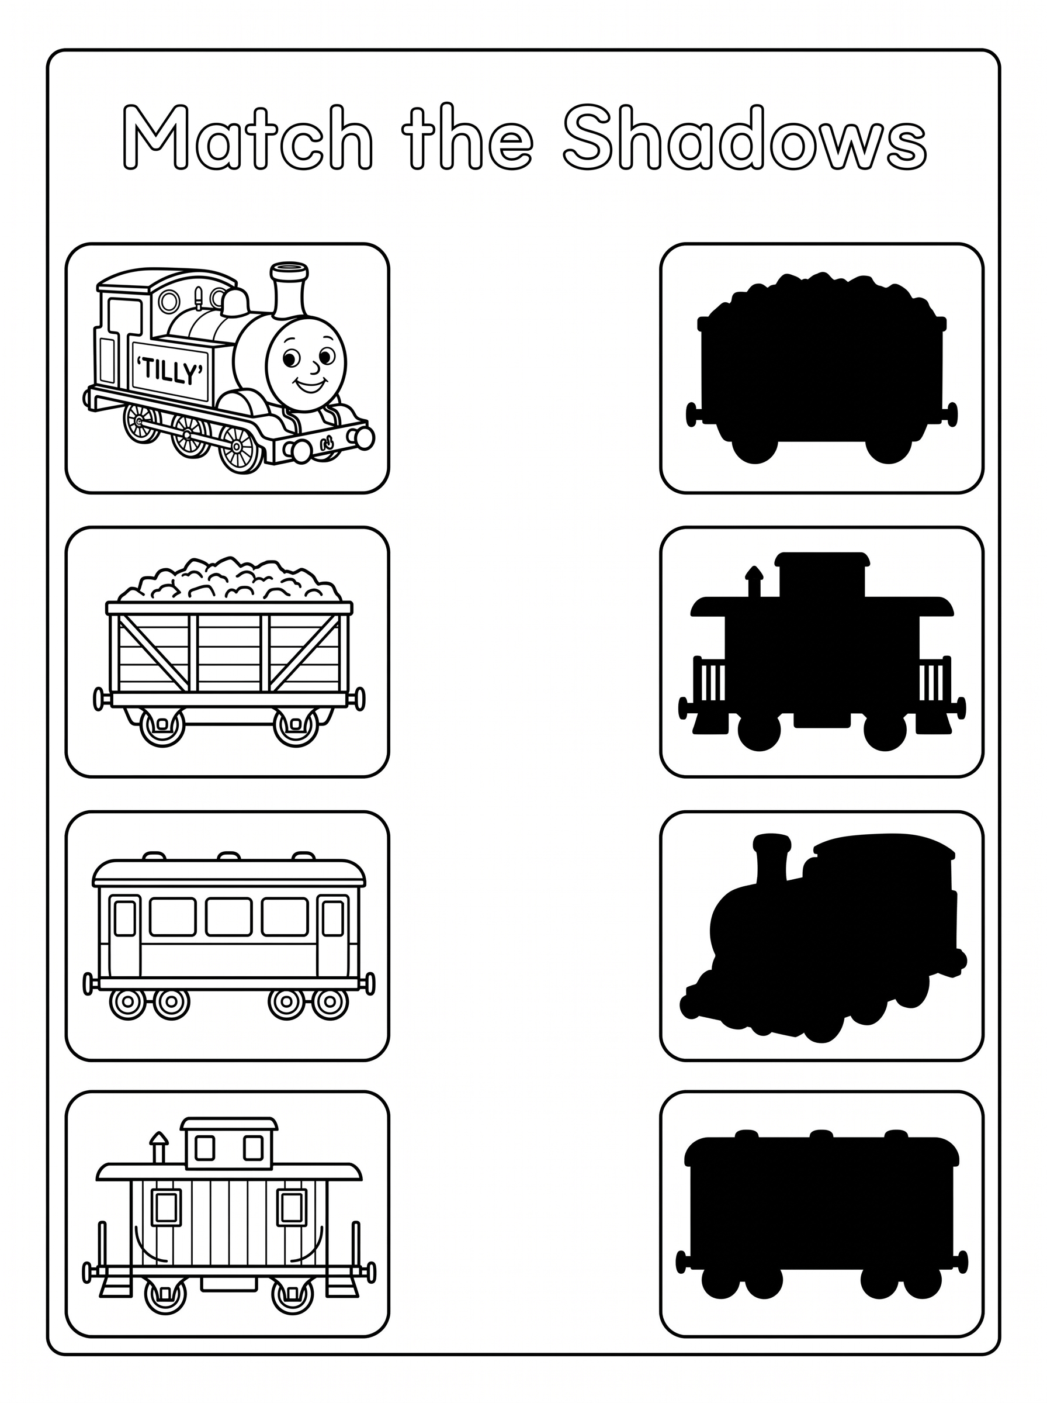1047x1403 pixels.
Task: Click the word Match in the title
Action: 247,138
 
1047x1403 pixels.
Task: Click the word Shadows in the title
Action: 745,138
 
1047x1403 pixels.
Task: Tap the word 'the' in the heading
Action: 467,138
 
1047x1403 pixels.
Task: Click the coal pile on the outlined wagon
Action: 230,579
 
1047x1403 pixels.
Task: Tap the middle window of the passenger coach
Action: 229,917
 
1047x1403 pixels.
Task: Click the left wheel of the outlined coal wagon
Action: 162,726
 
